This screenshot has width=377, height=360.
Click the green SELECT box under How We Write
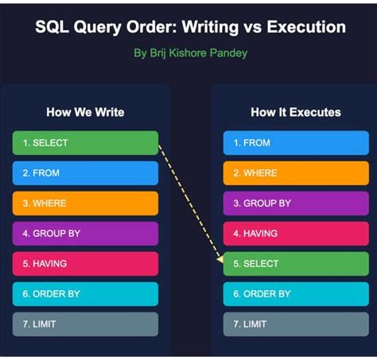tap(85, 143)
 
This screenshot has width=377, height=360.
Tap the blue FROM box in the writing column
tap(85, 173)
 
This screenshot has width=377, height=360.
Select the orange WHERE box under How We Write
tap(85, 203)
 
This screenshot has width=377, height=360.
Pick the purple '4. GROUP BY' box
tap(85, 234)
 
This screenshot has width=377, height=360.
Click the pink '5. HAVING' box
tap(85, 264)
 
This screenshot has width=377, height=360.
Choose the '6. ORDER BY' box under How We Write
tap(85, 294)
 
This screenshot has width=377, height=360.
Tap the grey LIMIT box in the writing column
tap(85, 324)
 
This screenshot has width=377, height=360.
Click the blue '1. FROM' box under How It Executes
tap(295, 143)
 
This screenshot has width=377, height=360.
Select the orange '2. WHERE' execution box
tap(295, 173)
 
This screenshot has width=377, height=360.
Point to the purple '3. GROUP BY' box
tap(295, 203)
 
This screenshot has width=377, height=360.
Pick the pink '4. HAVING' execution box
tap(295, 234)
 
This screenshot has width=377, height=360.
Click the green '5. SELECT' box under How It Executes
tap(295, 264)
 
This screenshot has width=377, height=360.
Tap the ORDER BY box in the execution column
tap(295, 294)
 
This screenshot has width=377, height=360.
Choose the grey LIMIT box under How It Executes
tap(295, 324)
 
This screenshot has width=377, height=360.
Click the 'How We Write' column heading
tap(85, 112)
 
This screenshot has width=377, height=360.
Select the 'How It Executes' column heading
tap(295, 112)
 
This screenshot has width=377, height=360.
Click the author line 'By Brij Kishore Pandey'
tap(190, 55)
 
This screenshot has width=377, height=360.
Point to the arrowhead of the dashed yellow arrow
tap(220, 259)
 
